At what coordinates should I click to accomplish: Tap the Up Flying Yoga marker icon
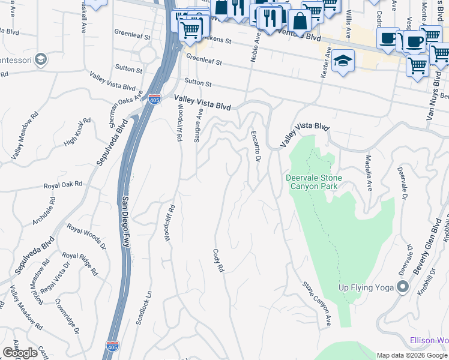click(402, 287)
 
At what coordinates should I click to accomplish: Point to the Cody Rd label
click(218, 262)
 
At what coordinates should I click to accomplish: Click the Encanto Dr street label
click(255, 146)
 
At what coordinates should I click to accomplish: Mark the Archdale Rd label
click(44, 211)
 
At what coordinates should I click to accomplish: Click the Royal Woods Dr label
click(86, 237)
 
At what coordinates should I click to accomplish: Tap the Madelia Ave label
click(369, 170)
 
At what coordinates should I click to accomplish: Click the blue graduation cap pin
click(343, 61)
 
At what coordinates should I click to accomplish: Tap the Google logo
click(20, 353)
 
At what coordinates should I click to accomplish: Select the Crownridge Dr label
click(67, 316)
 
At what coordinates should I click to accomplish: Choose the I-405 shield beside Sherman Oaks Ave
click(154, 98)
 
